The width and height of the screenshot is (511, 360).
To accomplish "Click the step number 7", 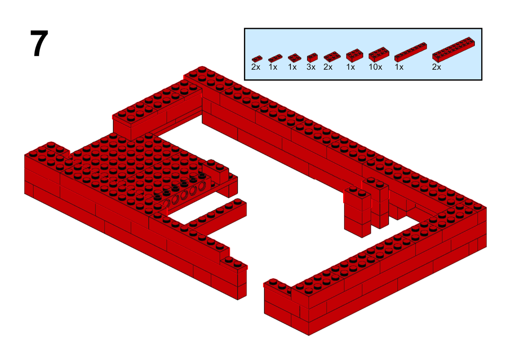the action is point(39,43).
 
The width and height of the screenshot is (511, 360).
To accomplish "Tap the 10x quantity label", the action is point(375,67).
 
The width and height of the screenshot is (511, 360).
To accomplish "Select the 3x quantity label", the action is point(311,67).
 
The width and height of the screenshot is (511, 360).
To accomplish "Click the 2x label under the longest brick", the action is point(436,67).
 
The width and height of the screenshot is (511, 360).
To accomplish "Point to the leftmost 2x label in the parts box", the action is point(256,67).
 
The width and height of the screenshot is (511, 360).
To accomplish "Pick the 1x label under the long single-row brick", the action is point(399,67).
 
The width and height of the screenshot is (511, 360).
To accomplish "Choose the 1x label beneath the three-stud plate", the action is point(273,67).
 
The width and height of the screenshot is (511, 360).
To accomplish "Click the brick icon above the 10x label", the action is point(379,54).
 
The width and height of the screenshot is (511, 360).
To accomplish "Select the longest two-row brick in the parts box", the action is point(454,50).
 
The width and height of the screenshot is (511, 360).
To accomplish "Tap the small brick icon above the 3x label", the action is point(312,58).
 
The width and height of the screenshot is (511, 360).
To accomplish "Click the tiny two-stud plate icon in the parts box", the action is point(257,59).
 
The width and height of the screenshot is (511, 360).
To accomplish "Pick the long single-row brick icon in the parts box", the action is point(411,52).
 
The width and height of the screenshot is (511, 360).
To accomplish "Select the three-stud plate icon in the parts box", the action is point(275,58).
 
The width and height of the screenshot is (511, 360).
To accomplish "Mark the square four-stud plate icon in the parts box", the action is point(294,58).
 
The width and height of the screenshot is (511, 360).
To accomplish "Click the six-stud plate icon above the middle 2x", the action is point(332,57).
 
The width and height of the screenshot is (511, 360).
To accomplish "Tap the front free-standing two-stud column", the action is point(357,212).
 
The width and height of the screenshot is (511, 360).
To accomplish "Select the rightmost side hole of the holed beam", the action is point(202,186).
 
